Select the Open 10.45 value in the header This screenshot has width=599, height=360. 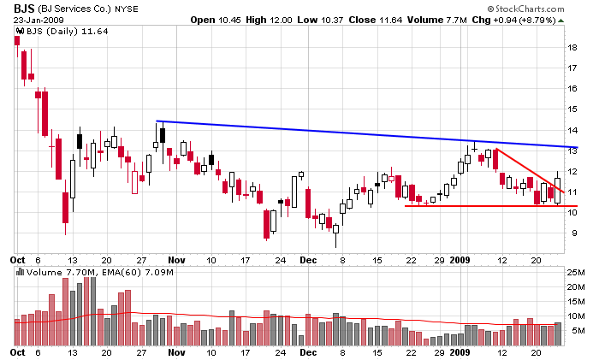tap(216, 20)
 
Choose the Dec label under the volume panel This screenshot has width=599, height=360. tap(308, 351)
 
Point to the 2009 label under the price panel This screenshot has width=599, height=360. tap(461, 258)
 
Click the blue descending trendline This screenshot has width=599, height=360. tap(342, 133)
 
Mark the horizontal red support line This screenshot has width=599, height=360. tap(479, 206)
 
